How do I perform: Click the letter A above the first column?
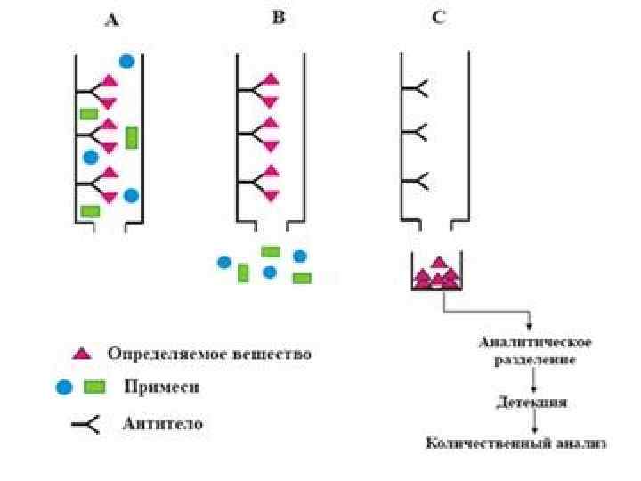tap(111, 20)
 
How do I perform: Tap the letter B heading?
tap(278, 17)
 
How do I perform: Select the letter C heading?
tap(439, 17)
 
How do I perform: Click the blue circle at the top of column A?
tap(126, 61)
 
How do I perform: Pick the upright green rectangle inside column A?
tap(132, 137)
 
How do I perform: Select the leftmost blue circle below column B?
tap(224, 263)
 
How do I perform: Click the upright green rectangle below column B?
tap(243, 273)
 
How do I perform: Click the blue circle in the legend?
tap(63, 387)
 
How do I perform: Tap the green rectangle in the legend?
tap(93, 387)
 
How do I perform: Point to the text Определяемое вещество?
tap(209, 354)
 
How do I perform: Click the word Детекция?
tap(531, 402)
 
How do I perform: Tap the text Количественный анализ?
tap(515, 443)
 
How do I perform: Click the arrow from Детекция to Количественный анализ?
tap(532, 421)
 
